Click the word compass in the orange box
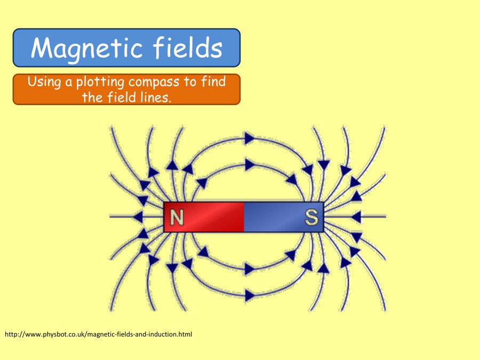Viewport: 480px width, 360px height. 155,83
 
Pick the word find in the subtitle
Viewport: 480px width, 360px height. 212,82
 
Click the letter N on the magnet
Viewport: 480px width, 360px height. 177,218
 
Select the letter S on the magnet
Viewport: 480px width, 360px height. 311,218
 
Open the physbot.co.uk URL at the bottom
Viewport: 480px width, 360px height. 98,334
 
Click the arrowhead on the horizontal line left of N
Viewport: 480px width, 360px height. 138,217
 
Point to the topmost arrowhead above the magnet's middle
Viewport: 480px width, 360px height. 249,139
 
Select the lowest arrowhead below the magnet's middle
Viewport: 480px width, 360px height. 249,294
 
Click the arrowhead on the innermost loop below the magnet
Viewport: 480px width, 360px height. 249,269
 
